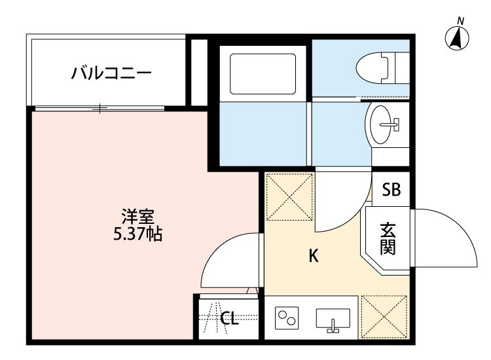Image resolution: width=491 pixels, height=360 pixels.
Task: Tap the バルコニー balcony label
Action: [111, 71]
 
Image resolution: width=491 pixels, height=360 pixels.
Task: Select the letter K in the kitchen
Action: [314, 256]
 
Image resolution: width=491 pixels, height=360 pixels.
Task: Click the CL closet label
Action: [228, 319]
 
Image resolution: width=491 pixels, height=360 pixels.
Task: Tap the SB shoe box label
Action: [391, 190]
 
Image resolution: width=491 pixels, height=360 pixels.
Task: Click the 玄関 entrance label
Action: [388, 239]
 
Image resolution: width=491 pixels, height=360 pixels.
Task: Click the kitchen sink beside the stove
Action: [333, 319]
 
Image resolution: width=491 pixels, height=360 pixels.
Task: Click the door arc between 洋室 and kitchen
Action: [227, 261]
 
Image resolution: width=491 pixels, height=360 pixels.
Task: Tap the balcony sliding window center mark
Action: [100, 107]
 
